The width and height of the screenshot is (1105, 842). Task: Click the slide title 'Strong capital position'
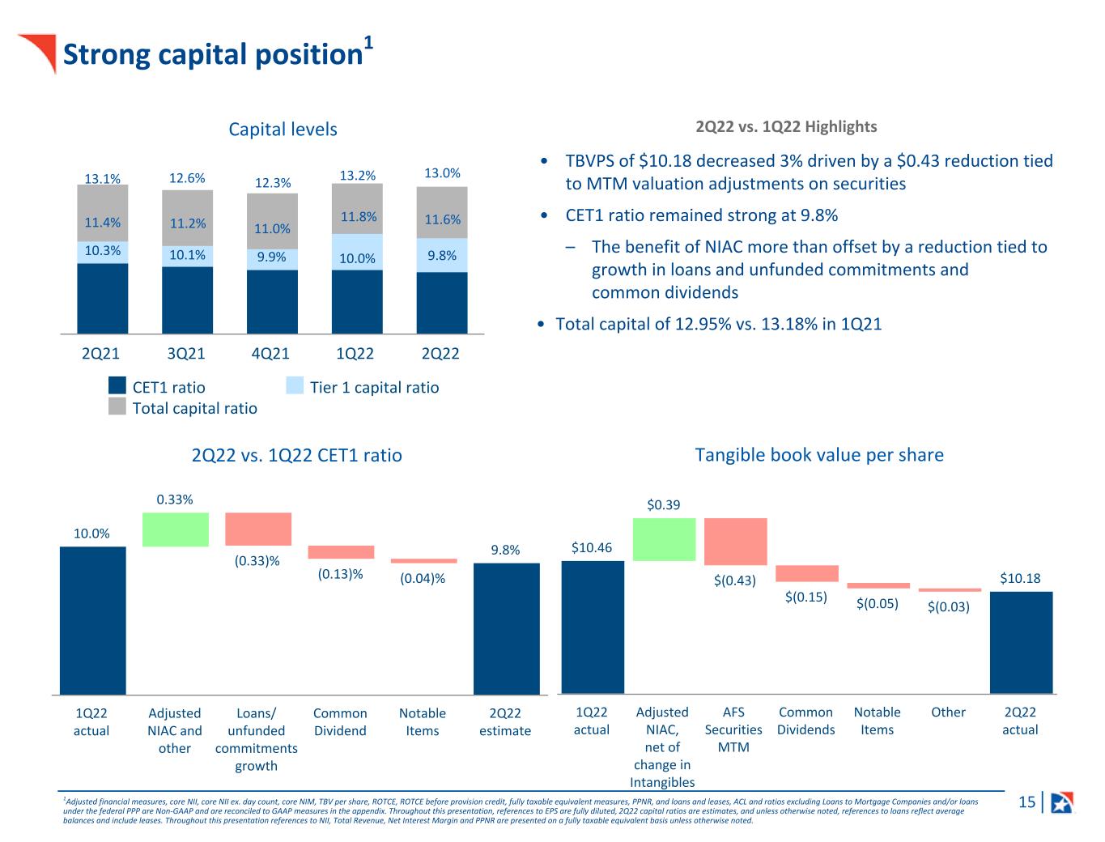(212, 54)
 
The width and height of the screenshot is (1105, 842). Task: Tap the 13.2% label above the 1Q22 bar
(357, 176)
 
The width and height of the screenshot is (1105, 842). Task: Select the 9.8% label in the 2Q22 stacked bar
(442, 256)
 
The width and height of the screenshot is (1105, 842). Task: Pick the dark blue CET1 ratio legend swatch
(117, 386)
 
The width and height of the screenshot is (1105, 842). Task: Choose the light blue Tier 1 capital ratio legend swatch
(295, 386)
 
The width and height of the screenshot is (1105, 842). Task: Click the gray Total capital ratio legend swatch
(117, 406)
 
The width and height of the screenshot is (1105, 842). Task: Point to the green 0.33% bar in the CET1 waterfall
(175, 529)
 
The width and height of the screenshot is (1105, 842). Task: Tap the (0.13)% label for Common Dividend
(340, 574)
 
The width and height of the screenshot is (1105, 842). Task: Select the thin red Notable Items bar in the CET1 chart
(423, 560)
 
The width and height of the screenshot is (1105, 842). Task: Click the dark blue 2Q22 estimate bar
(506, 628)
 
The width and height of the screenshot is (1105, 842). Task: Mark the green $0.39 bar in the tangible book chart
(664, 539)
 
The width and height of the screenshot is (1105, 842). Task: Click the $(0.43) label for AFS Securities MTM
(734, 580)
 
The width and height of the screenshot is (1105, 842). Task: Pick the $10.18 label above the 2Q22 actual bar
(1020, 578)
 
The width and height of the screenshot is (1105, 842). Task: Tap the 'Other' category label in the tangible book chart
(948, 712)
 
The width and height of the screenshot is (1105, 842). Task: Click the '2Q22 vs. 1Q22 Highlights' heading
(786, 126)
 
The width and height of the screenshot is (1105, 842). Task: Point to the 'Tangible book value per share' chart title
(819, 455)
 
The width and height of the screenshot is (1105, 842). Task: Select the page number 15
(1026, 802)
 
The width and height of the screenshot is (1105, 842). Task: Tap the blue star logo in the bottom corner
(1060, 802)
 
